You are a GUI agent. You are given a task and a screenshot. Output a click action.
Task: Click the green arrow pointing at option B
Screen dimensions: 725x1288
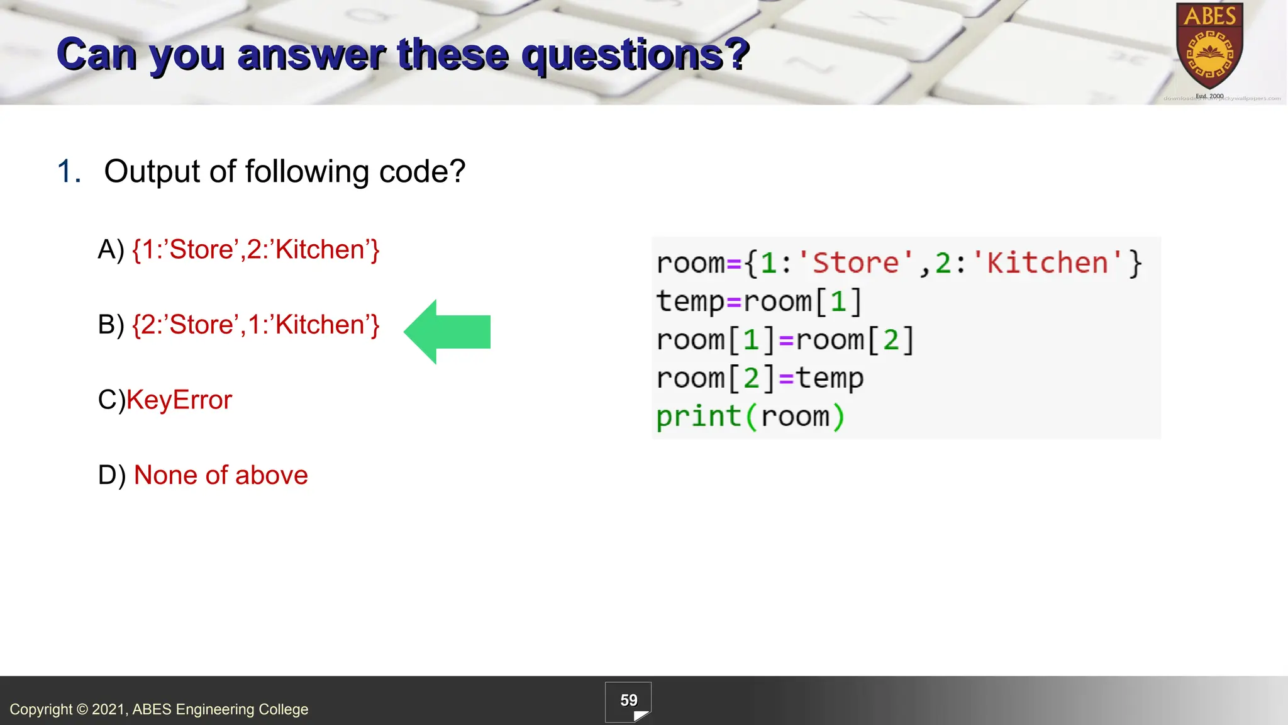click(448, 332)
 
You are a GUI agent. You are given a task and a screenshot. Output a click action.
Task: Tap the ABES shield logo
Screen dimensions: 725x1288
click(1209, 47)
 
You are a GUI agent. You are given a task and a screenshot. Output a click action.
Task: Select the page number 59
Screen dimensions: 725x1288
click(628, 700)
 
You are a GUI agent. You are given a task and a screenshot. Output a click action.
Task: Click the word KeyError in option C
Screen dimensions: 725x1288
click(179, 400)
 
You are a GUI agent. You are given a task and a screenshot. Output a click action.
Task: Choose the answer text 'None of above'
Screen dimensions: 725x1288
click(221, 475)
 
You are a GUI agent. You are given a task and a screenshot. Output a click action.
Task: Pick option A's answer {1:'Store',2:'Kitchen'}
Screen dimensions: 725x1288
click(256, 250)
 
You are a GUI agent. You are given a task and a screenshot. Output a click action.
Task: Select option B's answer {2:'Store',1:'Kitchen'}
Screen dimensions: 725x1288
click(256, 325)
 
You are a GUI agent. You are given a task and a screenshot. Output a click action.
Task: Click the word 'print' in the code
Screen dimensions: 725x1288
click(698, 417)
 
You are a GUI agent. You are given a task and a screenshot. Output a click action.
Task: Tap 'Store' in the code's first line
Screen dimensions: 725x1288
click(856, 262)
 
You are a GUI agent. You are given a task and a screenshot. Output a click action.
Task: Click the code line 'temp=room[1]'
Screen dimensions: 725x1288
click(758, 301)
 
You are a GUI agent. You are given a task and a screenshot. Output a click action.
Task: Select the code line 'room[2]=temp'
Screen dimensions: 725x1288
click(760, 378)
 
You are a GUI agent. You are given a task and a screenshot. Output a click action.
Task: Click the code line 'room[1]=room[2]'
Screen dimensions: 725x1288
click(785, 340)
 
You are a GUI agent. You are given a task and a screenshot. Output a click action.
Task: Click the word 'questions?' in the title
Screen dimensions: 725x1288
click(635, 54)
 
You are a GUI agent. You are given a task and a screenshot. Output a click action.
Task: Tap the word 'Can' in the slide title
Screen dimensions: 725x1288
click(96, 54)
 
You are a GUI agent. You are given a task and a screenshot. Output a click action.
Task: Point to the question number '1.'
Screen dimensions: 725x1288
click(69, 171)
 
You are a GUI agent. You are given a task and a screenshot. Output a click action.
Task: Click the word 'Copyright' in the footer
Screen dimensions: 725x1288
click(41, 709)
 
